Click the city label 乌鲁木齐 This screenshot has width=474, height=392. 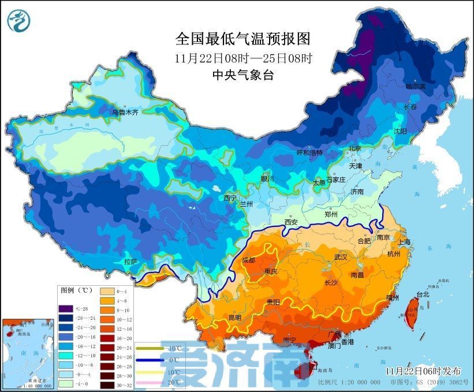point(125,113)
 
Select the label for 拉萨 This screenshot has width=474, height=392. point(131,262)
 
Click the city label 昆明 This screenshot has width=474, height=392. point(235,317)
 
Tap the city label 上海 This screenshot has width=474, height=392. point(404,242)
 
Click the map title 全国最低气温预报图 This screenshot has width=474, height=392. point(242,39)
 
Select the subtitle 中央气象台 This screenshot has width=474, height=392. point(242,74)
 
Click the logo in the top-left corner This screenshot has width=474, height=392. point(18,20)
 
